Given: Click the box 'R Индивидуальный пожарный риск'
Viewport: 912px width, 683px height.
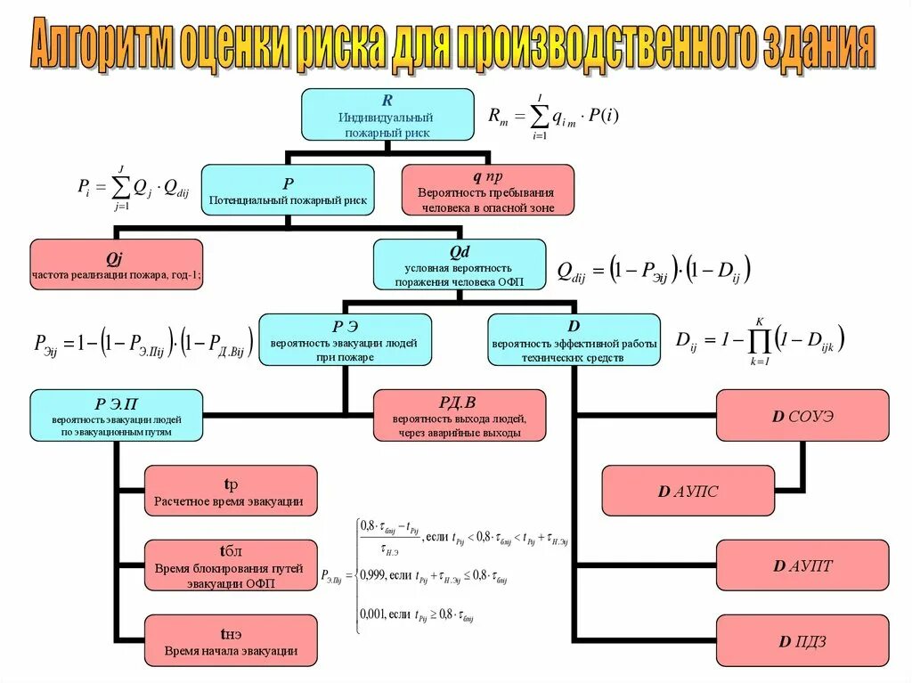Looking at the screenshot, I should click(387, 115).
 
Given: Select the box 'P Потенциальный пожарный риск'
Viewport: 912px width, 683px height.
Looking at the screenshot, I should click(288, 191).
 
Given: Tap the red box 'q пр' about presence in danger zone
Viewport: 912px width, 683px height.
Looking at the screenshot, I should click(488, 190).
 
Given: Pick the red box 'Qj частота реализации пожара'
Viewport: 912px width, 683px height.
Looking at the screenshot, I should click(117, 264).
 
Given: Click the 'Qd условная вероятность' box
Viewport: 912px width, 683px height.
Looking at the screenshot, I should click(460, 264).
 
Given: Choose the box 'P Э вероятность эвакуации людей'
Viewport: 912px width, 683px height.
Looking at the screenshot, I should click(346, 339).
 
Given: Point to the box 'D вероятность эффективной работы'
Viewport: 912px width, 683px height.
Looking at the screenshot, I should click(574, 339).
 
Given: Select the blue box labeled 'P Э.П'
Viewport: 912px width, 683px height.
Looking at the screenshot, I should click(117, 415).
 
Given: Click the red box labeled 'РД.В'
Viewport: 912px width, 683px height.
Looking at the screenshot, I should click(460, 415).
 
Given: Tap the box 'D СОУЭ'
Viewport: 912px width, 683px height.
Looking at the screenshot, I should click(802, 415).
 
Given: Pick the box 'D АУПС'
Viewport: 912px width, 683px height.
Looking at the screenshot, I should click(688, 491).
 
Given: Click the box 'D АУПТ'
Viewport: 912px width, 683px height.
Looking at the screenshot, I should click(802, 565).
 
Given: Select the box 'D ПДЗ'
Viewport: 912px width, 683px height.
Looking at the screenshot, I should click(802, 640).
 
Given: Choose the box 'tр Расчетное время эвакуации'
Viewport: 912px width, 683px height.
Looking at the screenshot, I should click(231, 491).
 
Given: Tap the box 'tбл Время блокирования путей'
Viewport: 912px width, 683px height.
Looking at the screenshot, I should click(231, 565).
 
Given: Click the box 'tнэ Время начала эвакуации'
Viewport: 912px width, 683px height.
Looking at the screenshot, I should click(231, 640).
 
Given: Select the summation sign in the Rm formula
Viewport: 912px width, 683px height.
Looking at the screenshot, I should click(539, 116).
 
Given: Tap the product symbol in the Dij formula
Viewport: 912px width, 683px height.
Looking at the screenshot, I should click(760, 340).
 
